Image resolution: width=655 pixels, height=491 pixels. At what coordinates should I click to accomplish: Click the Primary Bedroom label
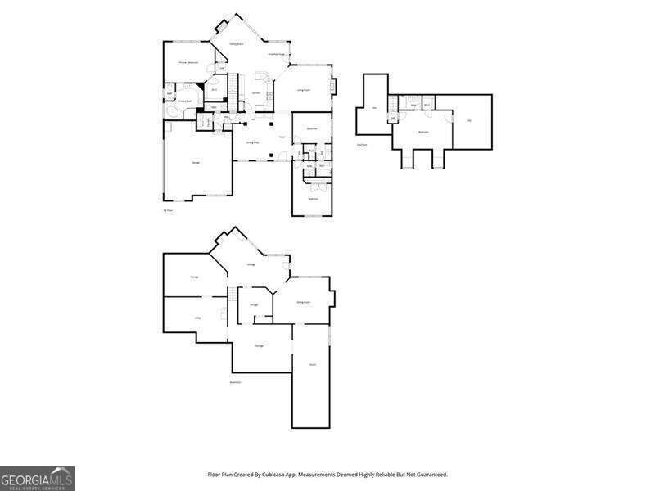188,62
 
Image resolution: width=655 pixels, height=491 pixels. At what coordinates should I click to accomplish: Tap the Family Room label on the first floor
235,43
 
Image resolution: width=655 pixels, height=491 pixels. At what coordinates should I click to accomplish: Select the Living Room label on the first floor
302,90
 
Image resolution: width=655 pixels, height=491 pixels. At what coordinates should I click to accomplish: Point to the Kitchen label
256,92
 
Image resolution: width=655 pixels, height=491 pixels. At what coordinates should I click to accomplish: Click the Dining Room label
253,142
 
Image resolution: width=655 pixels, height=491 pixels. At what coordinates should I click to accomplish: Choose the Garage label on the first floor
196,163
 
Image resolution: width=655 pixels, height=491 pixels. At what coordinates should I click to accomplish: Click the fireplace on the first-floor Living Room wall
332,84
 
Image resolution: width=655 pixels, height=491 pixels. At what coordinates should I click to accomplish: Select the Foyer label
281,137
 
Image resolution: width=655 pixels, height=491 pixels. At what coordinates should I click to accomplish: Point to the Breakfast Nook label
277,54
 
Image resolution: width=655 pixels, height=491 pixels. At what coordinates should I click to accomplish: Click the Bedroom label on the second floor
423,131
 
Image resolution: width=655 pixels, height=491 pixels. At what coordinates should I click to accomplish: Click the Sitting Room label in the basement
302,302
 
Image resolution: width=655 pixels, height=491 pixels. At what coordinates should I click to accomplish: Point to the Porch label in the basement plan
312,364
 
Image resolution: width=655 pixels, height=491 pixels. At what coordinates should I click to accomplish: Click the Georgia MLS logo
37,478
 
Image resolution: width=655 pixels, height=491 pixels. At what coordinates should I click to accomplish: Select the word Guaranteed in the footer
429,475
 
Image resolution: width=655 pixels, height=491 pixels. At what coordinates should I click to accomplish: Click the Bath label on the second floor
414,106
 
